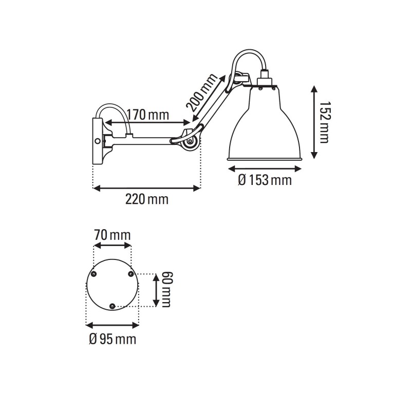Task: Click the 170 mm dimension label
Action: pyautogui.click(x=147, y=114)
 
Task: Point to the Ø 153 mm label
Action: pyautogui.click(x=265, y=180)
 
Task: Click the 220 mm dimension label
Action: pyautogui.click(x=147, y=199)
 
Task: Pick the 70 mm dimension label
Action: pyautogui.click(x=113, y=235)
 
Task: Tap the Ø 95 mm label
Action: pyautogui.click(x=113, y=339)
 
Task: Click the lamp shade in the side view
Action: pyautogui.click(x=264, y=128)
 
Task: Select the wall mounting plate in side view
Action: pyautogui.click(x=97, y=140)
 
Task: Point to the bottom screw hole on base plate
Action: pyautogui.click(x=113, y=306)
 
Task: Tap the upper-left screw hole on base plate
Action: pyautogui.click(x=94, y=274)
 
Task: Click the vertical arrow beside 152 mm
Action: pyautogui.click(x=314, y=122)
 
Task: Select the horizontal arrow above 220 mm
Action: pyautogui.click(x=146, y=188)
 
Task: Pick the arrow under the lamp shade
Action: pyautogui.click(x=264, y=169)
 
